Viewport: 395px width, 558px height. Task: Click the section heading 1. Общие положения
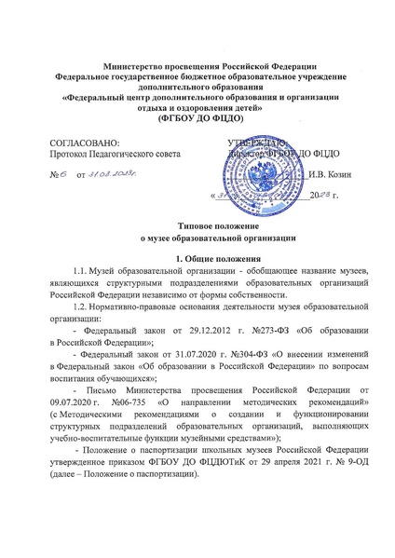(x=197, y=257)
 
